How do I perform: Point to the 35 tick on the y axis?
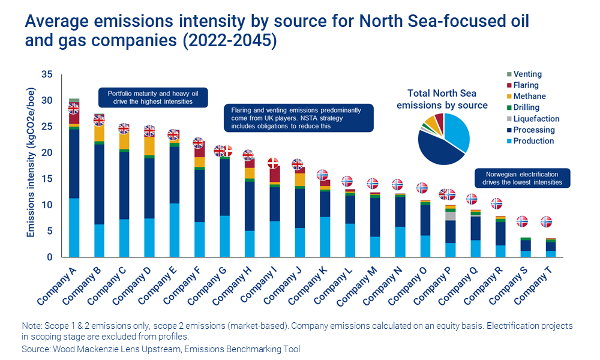click(x=47, y=74)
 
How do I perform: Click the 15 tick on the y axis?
click(x=47, y=179)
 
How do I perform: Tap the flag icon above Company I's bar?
click(x=273, y=163)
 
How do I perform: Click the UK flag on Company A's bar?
click(x=74, y=109)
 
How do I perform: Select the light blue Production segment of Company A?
click(x=74, y=227)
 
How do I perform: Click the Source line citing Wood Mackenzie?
click(x=161, y=349)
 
